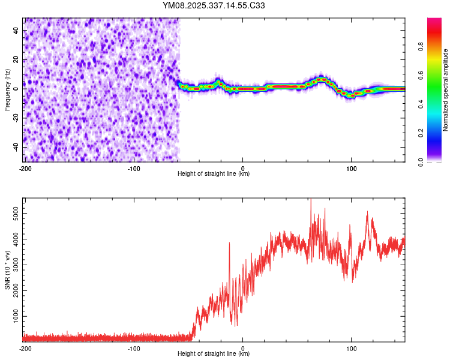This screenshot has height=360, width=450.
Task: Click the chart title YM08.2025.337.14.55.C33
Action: (214, 6)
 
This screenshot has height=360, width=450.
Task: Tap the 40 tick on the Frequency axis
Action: (16, 31)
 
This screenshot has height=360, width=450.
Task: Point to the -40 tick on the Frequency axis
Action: (15, 147)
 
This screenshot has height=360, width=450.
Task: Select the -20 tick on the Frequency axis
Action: (15, 118)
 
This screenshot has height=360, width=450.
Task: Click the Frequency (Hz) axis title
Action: (7, 90)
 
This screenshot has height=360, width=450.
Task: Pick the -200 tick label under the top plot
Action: (25, 168)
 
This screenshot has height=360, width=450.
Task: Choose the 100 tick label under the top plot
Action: (352, 168)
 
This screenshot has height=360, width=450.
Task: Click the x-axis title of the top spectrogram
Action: (214, 174)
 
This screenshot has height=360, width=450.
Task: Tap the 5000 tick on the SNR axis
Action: (13, 213)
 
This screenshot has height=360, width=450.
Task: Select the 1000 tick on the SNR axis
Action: (13, 316)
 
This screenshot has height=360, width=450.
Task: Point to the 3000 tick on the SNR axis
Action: (13, 265)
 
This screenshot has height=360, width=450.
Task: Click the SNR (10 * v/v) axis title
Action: (7, 270)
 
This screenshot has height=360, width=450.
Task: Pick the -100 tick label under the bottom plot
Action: (134, 348)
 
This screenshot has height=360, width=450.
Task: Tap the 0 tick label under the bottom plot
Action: (243, 348)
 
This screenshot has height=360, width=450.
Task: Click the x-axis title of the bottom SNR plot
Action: (214, 354)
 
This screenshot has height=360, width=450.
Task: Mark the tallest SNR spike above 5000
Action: (310, 200)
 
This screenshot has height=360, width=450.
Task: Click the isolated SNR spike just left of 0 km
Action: (229, 244)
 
